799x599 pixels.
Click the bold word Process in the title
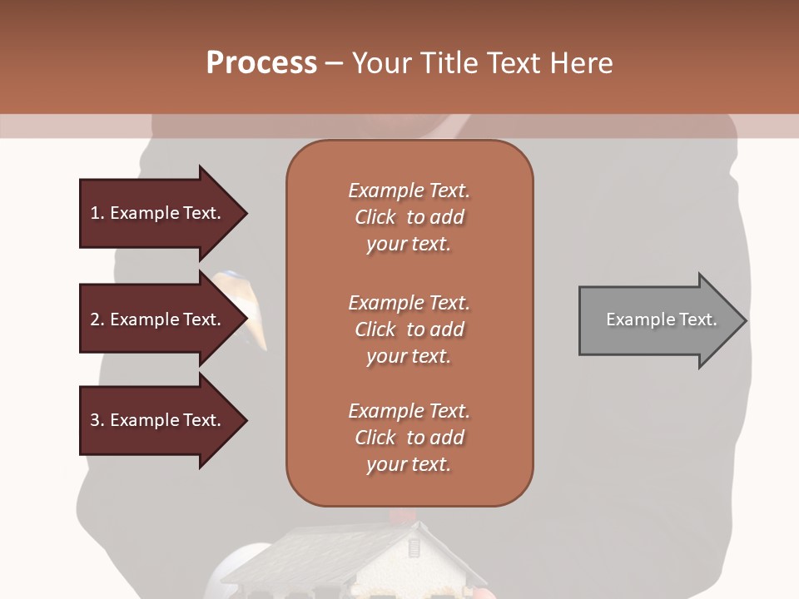coord(261,63)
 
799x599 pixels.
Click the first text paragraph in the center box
coord(409,217)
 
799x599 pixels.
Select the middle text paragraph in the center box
coord(409,329)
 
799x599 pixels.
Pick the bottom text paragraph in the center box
coord(409,438)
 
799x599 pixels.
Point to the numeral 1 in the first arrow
coord(95,213)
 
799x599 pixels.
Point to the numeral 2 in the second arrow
coord(95,319)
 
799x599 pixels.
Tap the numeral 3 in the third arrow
coord(95,420)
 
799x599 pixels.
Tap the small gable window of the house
coord(414,549)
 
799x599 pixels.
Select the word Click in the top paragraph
coord(375,217)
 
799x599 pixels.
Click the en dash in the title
coord(334,64)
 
